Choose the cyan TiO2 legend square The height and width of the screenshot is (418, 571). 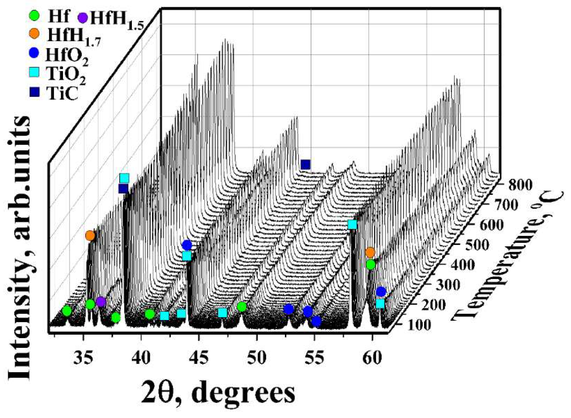tap(34, 73)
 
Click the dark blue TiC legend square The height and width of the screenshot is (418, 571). tap(34, 92)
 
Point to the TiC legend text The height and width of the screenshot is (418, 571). tap(62, 93)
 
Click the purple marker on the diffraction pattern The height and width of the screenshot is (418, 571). tap(101, 302)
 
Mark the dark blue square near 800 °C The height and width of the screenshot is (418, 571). tap(306, 164)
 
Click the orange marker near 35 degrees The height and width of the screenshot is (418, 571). tap(90, 235)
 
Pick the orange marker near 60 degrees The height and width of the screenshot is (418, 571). tap(370, 252)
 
